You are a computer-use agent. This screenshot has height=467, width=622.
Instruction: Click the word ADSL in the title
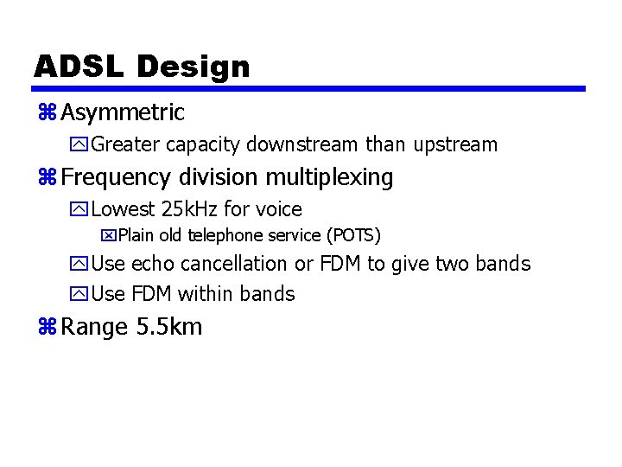coord(79,67)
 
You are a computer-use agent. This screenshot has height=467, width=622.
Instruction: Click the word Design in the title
coord(193,67)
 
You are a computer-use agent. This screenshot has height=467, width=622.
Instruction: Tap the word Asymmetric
coord(123,112)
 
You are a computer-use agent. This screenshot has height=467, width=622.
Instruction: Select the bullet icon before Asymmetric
coord(47,112)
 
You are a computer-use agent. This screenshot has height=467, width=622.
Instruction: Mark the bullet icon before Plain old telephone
coord(108,235)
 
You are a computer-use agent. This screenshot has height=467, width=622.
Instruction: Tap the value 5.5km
coord(169,328)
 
